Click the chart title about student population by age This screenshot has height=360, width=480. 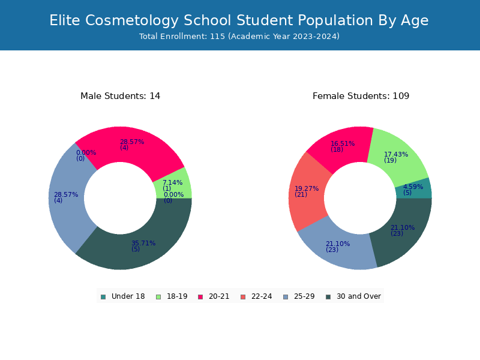point(239,20)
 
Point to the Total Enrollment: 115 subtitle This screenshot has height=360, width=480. point(239,37)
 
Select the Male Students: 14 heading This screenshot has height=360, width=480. point(121,96)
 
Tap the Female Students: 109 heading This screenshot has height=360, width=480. point(361,96)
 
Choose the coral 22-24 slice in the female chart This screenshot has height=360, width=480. point(308,191)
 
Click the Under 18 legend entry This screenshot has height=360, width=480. point(123,296)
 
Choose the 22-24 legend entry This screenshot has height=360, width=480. point(257,296)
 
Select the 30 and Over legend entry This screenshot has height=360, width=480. point(353,296)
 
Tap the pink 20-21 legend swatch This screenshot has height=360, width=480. point(200,297)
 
